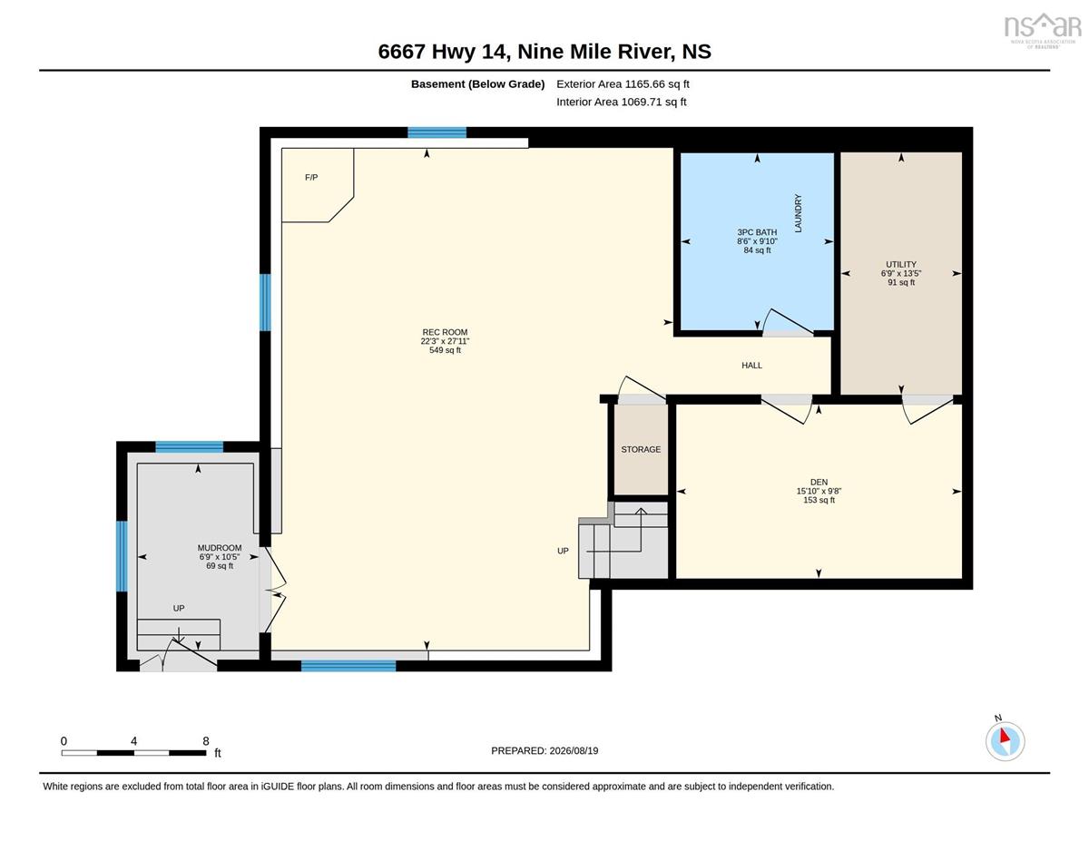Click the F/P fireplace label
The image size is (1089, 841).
[x=311, y=177]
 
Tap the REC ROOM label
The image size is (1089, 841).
[x=445, y=332]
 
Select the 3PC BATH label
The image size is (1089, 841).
[x=757, y=232]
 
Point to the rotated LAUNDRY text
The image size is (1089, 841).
[x=799, y=213]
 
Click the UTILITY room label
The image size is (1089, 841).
[x=900, y=265]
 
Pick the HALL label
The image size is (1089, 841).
[x=751, y=366]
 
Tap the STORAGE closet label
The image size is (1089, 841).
[x=641, y=450]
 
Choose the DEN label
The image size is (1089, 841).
[x=819, y=483]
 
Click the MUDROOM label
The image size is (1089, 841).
[x=220, y=548]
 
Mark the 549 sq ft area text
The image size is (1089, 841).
[x=445, y=350]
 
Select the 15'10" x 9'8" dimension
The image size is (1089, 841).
[x=819, y=492]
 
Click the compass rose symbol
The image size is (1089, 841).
[x=1005, y=741]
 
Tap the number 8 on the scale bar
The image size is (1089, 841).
[x=206, y=741]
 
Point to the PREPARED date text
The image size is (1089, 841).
[x=544, y=751]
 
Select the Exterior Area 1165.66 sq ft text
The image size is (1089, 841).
[x=623, y=84]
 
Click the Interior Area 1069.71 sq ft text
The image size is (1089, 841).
[x=622, y=103]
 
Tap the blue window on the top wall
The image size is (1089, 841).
[x=437, y=132]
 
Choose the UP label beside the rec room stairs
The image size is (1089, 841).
[x=563, y=551]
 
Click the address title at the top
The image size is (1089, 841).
[x=544, y=52]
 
